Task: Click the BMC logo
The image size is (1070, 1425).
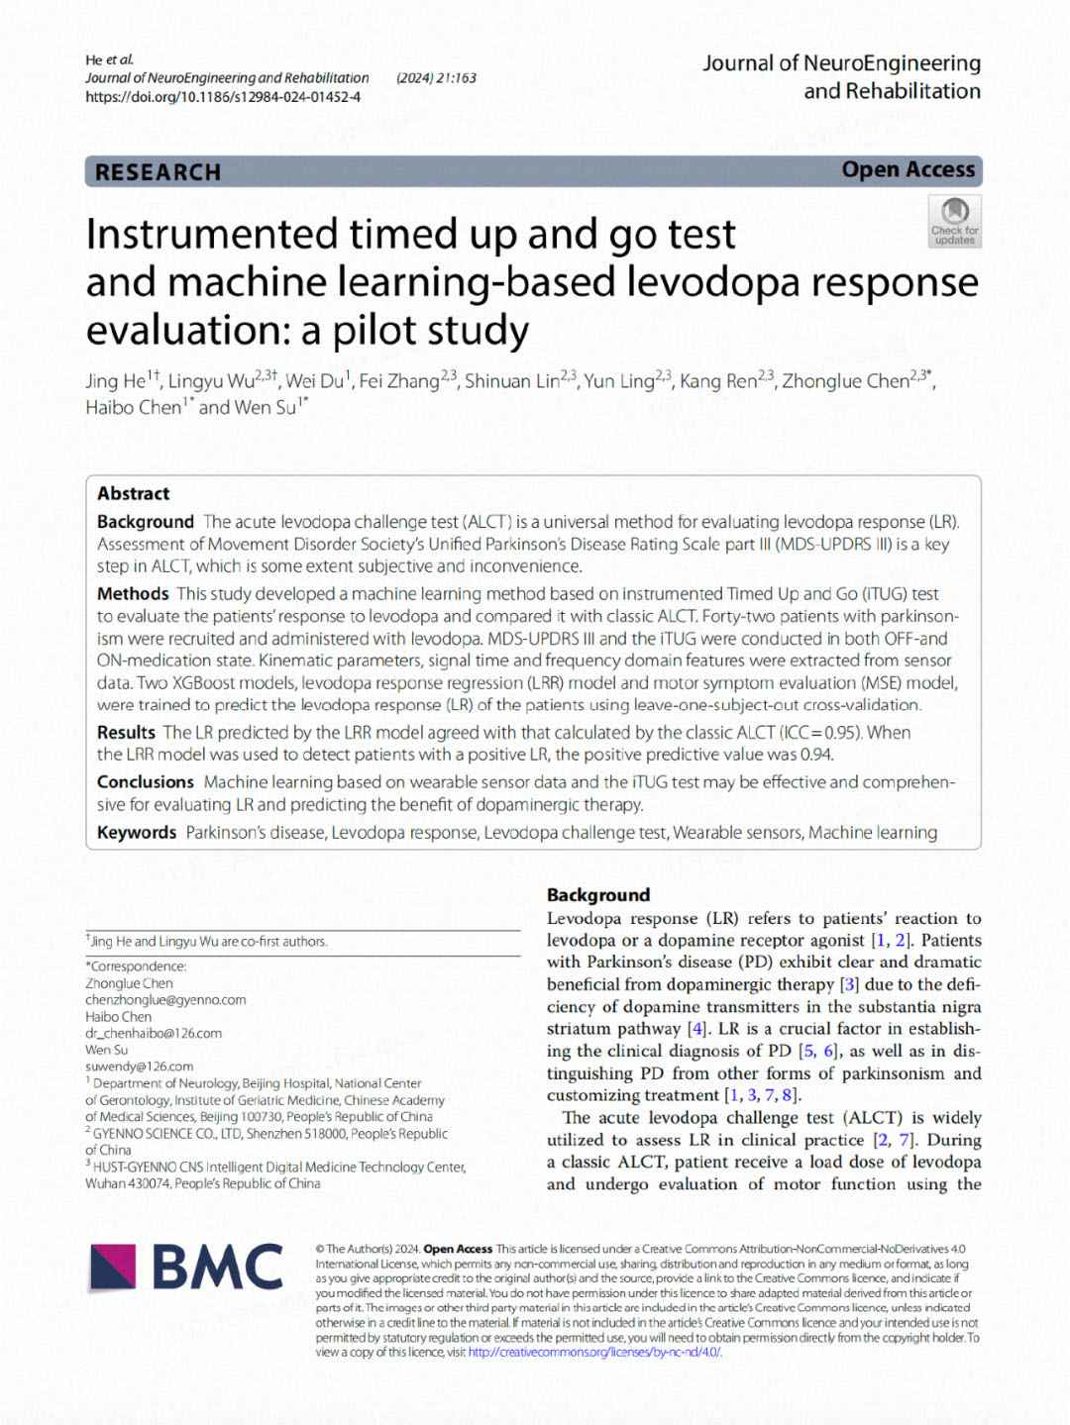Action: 187,1268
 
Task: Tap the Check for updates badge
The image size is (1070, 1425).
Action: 954,221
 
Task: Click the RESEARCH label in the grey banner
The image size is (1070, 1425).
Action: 158,172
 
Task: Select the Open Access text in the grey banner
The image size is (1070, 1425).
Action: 908,170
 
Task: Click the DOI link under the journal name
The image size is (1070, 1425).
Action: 223,97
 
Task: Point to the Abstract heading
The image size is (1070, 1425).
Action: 133,493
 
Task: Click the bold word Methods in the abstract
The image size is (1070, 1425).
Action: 133,594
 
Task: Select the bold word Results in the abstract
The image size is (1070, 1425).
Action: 126,733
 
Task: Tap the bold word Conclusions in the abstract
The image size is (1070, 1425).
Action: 145,782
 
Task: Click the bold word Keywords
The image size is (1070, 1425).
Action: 137,833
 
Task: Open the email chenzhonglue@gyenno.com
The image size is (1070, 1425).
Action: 165,1000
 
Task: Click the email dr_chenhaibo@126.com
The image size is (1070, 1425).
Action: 154,1034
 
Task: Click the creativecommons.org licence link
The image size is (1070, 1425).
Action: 594,1353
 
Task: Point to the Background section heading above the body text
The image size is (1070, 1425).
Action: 598,895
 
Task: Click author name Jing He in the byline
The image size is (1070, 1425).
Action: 115,381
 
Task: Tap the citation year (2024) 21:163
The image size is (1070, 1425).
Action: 436,78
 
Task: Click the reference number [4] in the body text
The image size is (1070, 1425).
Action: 697,1029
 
